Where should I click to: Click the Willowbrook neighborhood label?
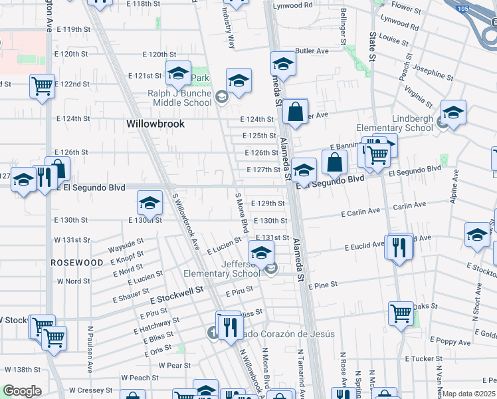(x=155, y=124)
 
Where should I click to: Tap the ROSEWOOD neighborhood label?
(x=77, y=263)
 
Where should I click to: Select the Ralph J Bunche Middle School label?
(x=179, y=98)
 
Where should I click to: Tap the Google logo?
(x=22, y=391)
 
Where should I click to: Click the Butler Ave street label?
(x=312, y=51)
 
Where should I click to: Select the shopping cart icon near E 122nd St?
(x=42, y=86)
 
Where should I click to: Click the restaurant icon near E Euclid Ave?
(x=399, y=247)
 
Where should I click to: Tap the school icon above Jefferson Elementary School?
(x=262, y=253)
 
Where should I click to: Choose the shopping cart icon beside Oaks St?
(x=401, y=313)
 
